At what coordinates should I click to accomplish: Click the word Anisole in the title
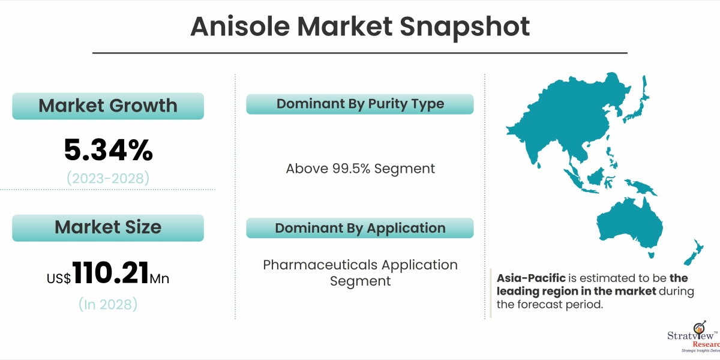(x=240, y=26)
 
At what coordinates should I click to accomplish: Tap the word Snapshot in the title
(x=465, y=28)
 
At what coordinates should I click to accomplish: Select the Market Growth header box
(x=108, y=106)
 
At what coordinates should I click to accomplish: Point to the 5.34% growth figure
(x=109, y=150)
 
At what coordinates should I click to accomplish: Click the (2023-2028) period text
(x=108, y=178)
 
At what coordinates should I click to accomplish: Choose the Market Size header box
(x=108, y=228)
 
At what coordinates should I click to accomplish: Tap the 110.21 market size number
(x=110, y=272)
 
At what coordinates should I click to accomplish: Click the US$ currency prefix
(x=59, y=278)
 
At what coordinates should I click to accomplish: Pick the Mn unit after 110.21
(x=160, y=278)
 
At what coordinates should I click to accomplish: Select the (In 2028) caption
(x=108, y=304)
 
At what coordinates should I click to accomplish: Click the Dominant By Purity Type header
(x=360, y=104)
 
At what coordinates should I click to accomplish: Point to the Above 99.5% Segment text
(x=361, y=169)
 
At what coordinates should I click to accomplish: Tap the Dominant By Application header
(x=360, y=228)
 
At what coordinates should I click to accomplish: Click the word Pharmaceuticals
(x=320, y=265)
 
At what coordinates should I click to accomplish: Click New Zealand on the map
(x=694, y=253)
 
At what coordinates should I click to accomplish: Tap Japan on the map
(x=638, y=103)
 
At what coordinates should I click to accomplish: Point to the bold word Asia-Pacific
(x=531, y=278)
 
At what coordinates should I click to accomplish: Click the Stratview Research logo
(x=694, y=337)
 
